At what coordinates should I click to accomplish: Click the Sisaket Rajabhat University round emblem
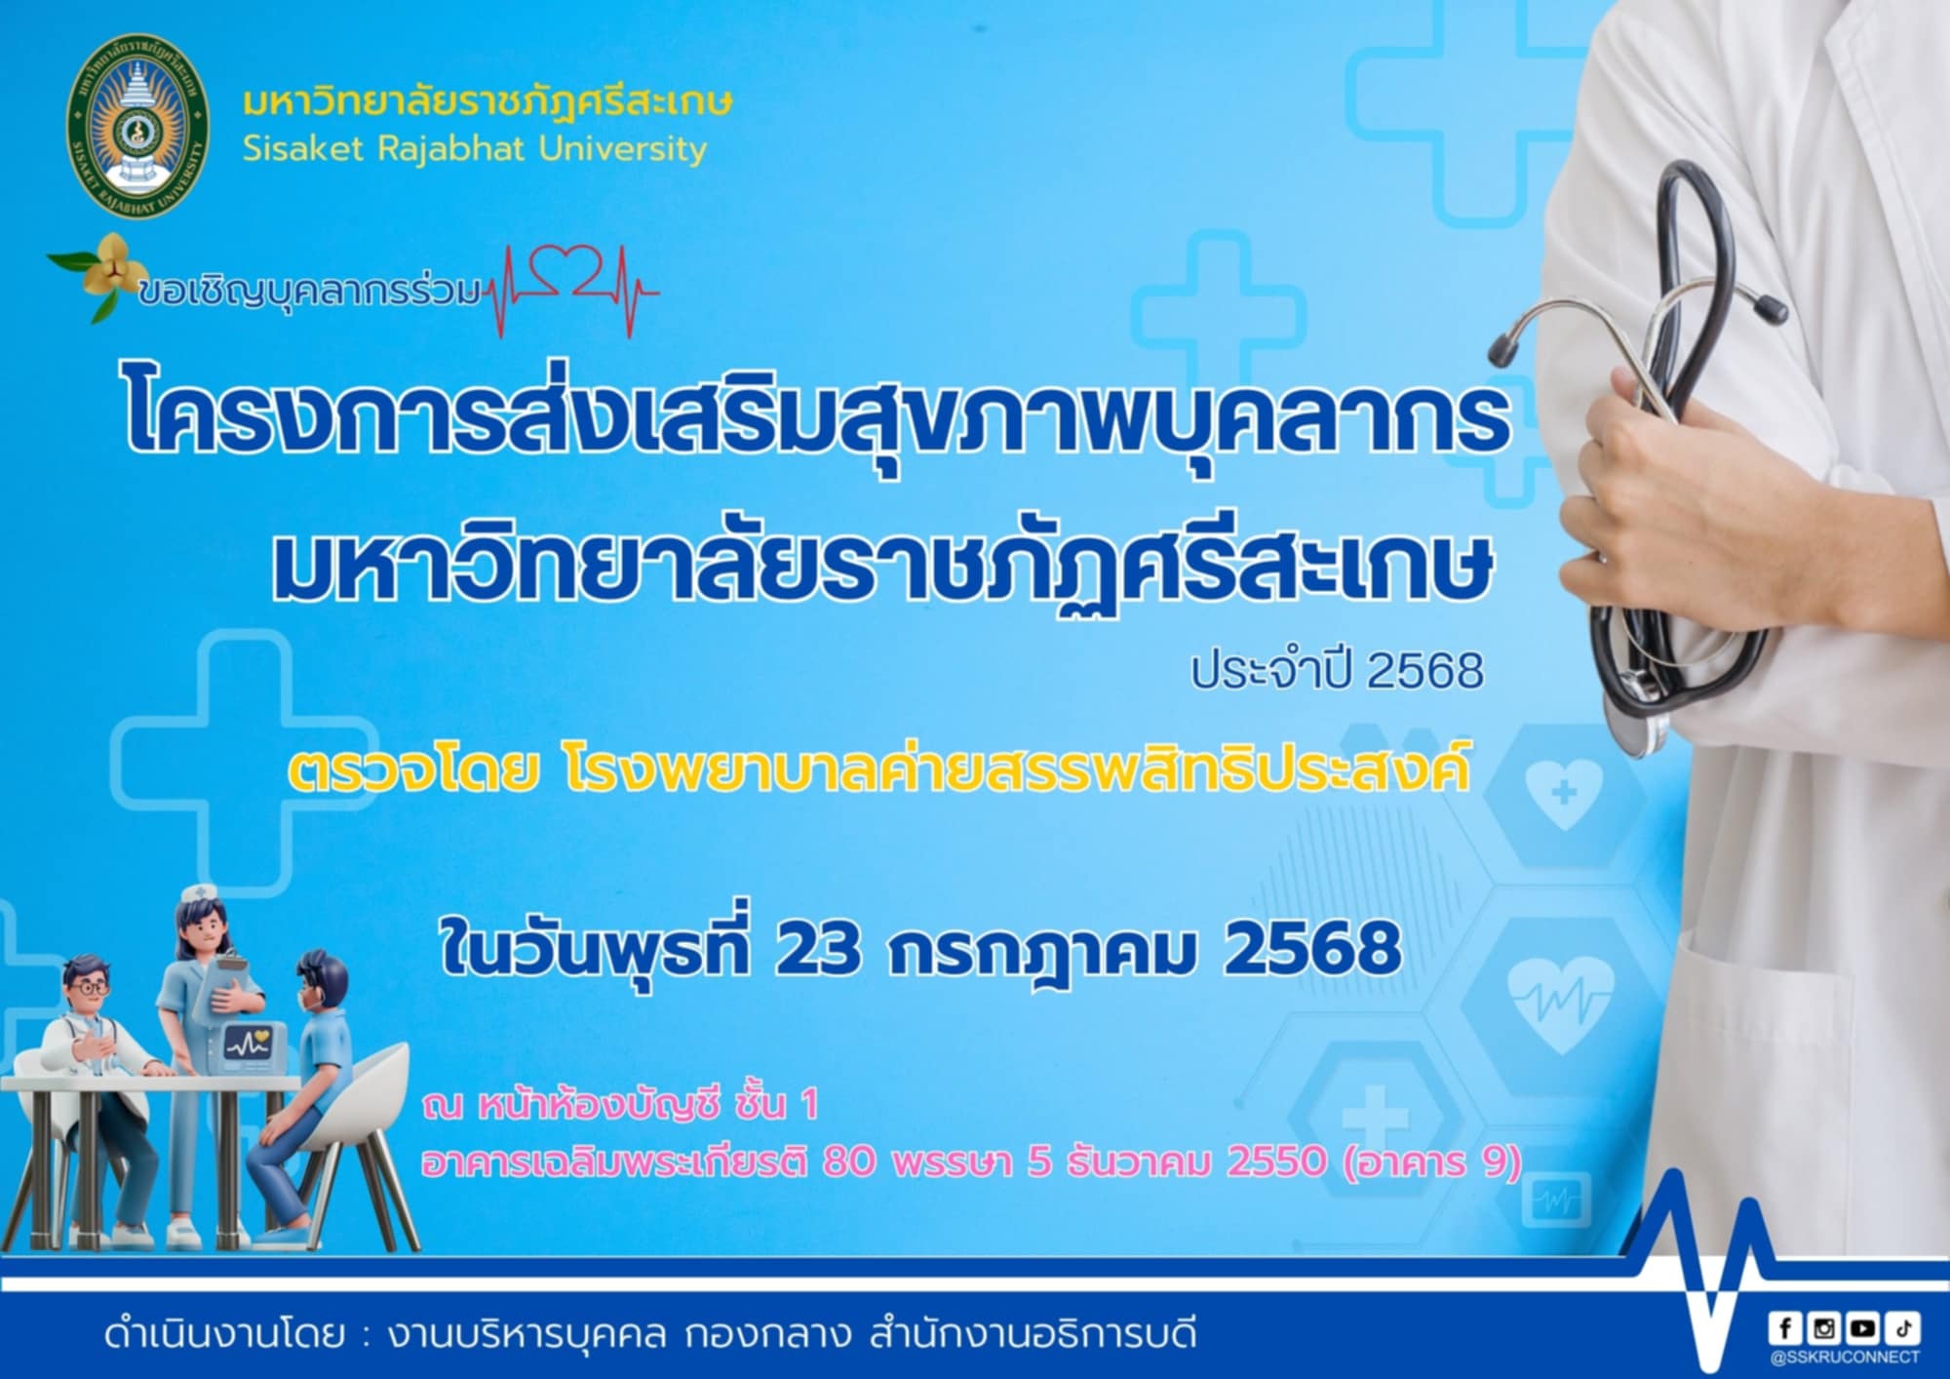pyautogui.click(x=137, y=126)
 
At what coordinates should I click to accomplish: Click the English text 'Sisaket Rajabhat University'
pyautogui.click(x=475, y=149)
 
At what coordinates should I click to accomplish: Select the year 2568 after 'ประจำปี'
pyautogui.click(x=1425, y=671)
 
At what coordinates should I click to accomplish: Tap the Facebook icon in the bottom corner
pyautogui.click(x=1785, y=1327)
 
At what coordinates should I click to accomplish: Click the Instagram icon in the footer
pyautogui.click(x=1823, y=1327)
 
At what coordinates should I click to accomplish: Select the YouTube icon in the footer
pyautogui.click(x=1862, y=1327)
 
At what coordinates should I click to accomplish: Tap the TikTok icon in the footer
pyautogui.click(x=1901, y=1327)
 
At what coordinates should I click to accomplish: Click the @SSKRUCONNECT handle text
pyautogui.click(x=1844, y=1357)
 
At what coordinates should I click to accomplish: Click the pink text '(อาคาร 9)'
pyautogui.click(x=1432, y=1162)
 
